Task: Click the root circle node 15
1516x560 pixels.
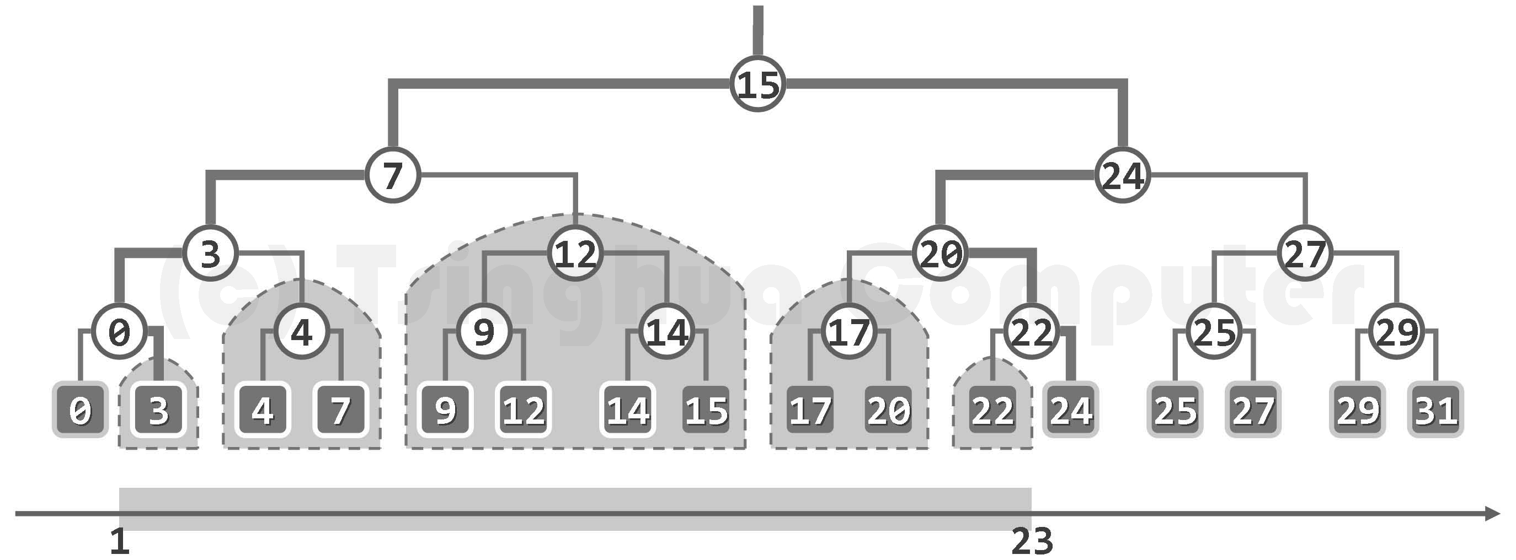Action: tap(757, 84)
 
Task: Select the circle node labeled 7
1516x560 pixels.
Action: tap(393, 175)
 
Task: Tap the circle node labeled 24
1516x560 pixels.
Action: tap(1122, 175)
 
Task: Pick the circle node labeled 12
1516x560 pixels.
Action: tap(575, 253)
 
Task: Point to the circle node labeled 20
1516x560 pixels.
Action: tap(940, 253)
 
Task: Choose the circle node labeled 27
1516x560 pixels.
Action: tap(1305, 253)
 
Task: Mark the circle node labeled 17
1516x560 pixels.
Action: tap(848, 332)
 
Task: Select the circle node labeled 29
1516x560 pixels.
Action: tap(1397, 332)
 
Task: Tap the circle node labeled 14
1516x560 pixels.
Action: tap(667, 332)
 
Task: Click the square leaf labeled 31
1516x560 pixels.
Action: tap(1436, 410)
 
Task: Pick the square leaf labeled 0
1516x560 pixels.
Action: tap(80, 410)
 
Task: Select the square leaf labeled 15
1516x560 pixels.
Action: tap(706, 410)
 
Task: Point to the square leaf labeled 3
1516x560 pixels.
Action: tap(158, 410)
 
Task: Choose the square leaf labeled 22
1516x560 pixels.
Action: tap(993, 410)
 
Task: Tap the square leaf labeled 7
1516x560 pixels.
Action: tap(341, 410)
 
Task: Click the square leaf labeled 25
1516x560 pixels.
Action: tap(1175, 410)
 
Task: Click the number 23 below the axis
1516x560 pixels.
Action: tap(1032, 542)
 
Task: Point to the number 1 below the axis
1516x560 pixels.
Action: tap(120, 542)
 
